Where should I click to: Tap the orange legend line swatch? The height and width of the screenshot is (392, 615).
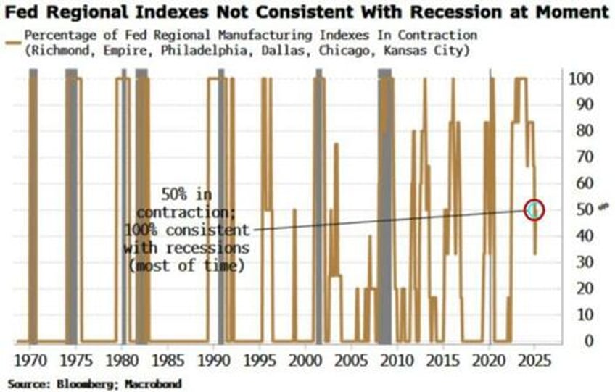tap(13, 36)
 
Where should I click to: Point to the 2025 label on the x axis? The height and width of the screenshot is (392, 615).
tap(534, 360)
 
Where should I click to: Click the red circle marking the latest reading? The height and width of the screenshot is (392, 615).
tap(534, 210)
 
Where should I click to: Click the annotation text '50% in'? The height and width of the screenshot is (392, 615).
tap(187, 195)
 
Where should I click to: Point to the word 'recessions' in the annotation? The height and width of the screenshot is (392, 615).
tap(215, 248)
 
